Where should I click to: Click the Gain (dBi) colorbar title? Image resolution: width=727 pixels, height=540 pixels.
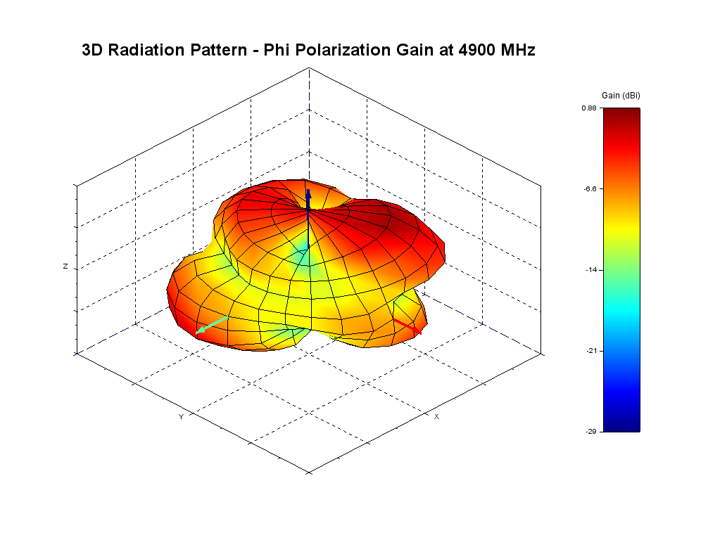(x=621, y=95)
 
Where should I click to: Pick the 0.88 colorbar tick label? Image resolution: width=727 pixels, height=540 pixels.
(x=589, y=108)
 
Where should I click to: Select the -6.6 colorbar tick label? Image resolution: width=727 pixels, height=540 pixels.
(x=590, y=188)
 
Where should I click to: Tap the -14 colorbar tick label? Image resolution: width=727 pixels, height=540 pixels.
(x=591, y=269)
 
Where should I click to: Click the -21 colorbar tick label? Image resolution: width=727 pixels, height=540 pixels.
(x=591, y=350)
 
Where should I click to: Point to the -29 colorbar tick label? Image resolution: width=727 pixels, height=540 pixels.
(x=591, y=431)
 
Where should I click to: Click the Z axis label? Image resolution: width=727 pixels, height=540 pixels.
(x=65, y=266)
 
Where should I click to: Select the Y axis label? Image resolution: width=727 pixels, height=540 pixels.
(x=181, y=417)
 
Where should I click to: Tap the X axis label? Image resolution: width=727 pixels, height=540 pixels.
(x=436, y=417)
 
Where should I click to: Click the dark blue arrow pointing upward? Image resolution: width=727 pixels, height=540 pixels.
(x=308, y=200)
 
